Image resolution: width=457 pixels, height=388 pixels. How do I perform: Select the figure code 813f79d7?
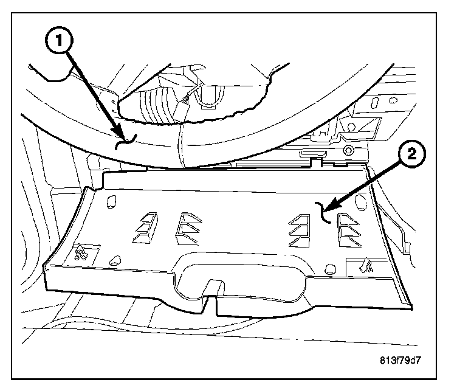coord(397,359)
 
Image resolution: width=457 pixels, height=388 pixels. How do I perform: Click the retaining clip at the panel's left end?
coord(80,253)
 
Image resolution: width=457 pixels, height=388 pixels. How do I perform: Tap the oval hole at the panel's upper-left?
coord(111,200)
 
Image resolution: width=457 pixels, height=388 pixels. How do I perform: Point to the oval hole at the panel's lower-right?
coord(331,268)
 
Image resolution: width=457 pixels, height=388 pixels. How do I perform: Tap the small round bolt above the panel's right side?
coord(347,150)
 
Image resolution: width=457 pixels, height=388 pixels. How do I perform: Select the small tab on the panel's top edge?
coord(316,162)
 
